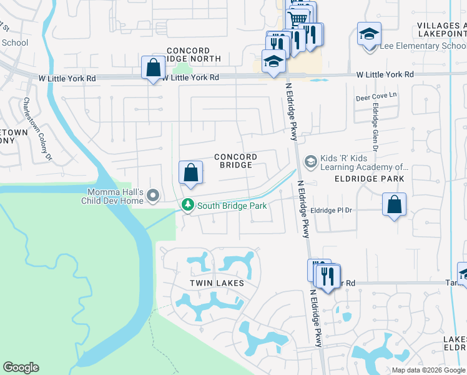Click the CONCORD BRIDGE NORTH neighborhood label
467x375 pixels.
(194, 54)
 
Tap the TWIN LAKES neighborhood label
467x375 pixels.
(217, 283)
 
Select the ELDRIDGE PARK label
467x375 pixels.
(370, 179)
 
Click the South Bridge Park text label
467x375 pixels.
(232, 206)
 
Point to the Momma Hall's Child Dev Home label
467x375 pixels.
(113, 196)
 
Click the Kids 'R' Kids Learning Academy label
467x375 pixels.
(365, 162)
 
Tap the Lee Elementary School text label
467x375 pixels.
(415, 46)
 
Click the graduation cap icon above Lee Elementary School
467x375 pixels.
(369, 34)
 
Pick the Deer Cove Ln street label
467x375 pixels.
(376, 97)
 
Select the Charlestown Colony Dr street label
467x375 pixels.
(38, 129)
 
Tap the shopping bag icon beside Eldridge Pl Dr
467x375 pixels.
(394, 204)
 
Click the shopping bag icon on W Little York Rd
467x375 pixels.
(153, 67)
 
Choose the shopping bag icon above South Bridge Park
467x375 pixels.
(190, 172)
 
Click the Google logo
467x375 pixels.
(21, 367)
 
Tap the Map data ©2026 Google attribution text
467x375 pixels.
(428, 370)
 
